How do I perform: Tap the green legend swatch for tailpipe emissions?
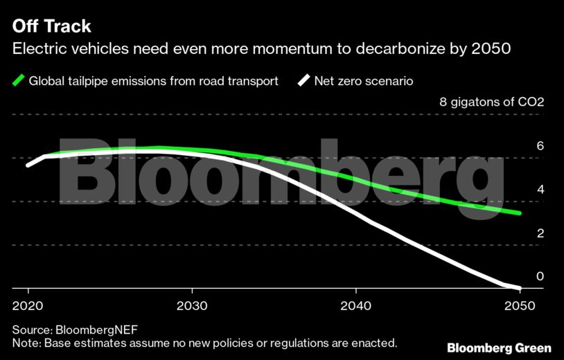click(x=19, y=81)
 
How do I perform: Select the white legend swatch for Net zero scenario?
click(x=303, y=81)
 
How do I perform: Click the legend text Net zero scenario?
click(x=364, y=81)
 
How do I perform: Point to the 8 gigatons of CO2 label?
click(x=492, y=102)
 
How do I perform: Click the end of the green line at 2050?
click(x=520, y=213)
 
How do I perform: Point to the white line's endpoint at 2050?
click(x=520, y=287)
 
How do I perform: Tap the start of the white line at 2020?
click(x=28, y=165)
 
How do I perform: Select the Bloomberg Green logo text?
click(x=499, y=347)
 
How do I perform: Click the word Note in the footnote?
click(x=25, y=343)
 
